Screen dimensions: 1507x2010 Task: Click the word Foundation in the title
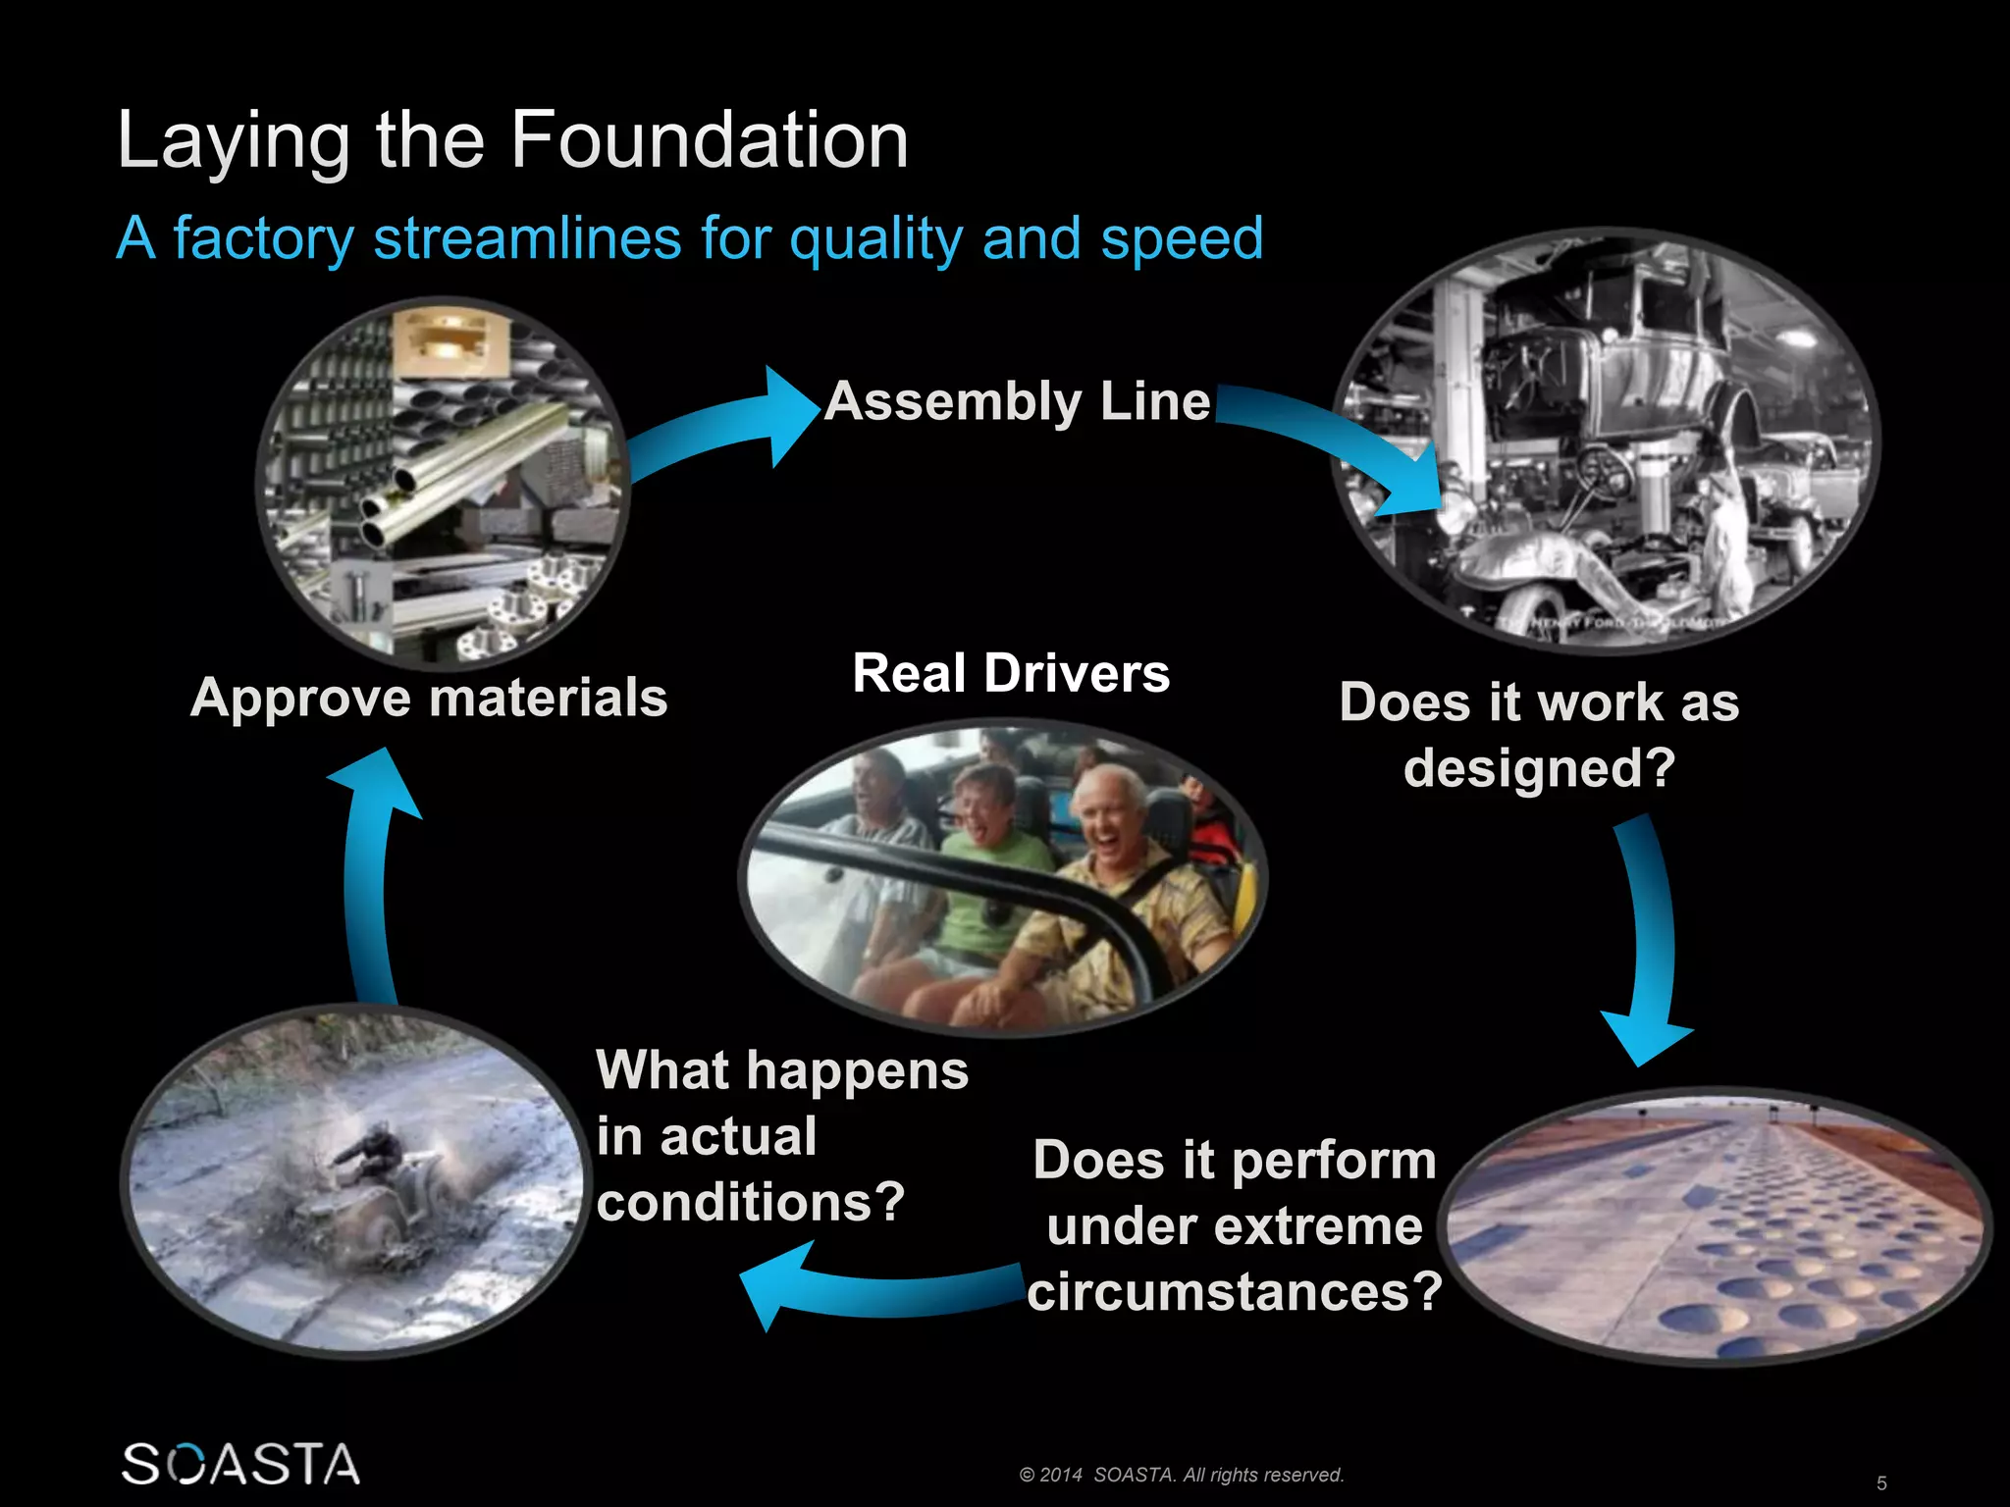point(709,140)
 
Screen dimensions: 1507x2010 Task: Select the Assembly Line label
point(1018,401)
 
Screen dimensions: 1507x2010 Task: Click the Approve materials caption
point(429,699)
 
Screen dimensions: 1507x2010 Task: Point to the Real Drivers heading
point(1011,674)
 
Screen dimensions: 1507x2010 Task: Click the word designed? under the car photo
point(1539,767)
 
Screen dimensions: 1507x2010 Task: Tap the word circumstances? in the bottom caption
point(1235,1291)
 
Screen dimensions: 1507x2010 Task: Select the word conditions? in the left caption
point(750,1202)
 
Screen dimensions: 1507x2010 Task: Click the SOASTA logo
point(240,1464)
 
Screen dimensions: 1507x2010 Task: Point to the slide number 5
point(1881,1482)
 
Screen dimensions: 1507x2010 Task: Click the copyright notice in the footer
point(1182,1475)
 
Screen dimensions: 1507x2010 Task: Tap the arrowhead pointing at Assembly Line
point(790,414)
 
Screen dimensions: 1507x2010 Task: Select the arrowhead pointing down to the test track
point(1644,1040)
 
